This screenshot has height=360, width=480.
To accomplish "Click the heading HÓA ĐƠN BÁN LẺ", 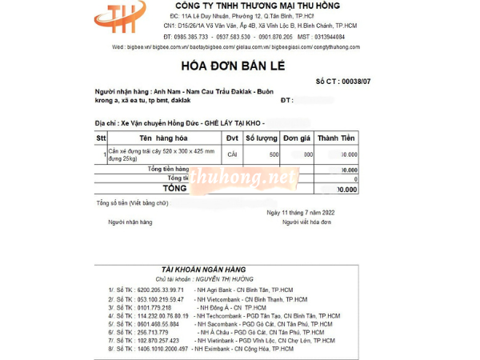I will tap(240, 66).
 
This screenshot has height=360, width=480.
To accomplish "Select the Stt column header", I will tap(101, 138).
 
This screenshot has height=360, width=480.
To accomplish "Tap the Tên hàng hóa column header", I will tap(162, 138).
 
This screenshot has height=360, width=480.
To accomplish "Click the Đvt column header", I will tap(232, 138).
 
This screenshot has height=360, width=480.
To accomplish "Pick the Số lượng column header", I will tap(262, 138).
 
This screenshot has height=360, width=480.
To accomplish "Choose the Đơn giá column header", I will tap(297, 138).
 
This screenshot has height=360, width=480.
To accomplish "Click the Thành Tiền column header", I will tap(337, 138).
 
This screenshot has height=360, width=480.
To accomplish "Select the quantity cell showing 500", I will tap(274, 154).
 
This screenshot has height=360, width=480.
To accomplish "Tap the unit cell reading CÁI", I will tap(232, 154).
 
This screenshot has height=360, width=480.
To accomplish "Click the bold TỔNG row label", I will tap(174, 189).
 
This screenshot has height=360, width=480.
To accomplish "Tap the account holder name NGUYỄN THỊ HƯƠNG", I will tap(228, 278).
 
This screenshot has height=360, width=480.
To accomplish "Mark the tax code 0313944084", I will tap(330, 37).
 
